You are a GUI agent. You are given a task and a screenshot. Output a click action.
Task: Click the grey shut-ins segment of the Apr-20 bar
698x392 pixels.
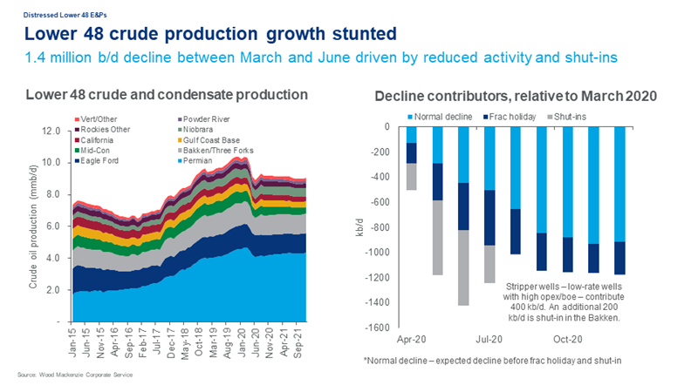411,177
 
